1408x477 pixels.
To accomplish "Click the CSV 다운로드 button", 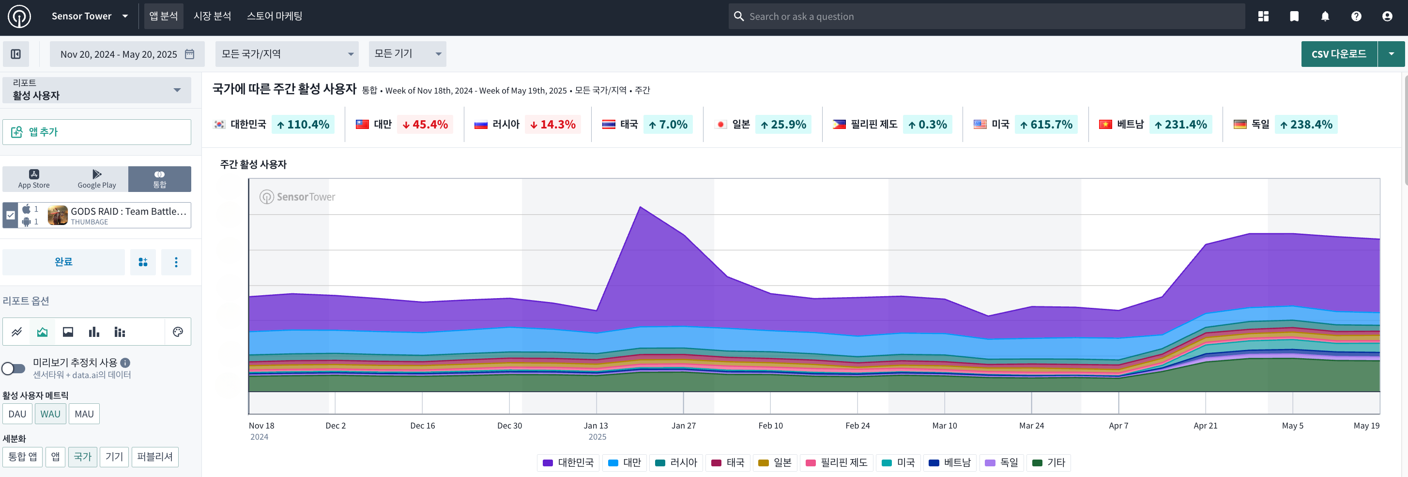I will point(1339,54).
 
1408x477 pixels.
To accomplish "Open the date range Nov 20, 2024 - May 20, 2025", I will point(127,54).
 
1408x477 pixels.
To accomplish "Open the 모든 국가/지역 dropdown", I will point(287,54).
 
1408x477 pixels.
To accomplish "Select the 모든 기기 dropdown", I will point(407,54).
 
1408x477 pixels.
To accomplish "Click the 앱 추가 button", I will point(97,132).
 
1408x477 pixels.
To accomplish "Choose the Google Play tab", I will point(97,179).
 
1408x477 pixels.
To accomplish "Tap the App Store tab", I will point(34,179).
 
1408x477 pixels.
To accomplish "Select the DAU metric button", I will point(17,414).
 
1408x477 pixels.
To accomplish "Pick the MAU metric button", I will point(84,414).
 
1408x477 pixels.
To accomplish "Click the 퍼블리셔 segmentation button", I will point(154,457).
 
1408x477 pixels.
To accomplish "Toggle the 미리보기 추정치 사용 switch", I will point(14,368).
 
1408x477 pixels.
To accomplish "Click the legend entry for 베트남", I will point(950,463).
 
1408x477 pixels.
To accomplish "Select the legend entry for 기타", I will point(1048,463).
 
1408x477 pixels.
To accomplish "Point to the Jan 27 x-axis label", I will point(683,426).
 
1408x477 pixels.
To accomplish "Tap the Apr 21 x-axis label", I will point(1205,426).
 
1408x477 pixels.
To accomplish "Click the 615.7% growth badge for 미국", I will point(1046,125).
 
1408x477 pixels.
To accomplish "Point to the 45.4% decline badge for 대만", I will point(425,125).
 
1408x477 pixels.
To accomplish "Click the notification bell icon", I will point(1325,16).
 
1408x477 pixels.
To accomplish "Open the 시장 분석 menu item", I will point(212,16).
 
